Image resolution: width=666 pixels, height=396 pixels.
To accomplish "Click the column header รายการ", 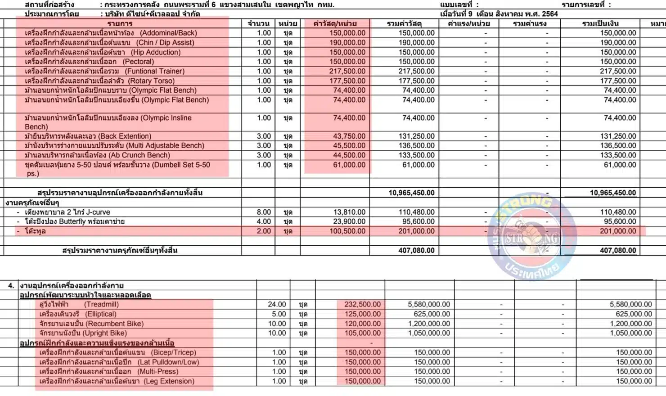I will click(120, 23).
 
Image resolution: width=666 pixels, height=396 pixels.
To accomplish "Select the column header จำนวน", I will click(258, 23).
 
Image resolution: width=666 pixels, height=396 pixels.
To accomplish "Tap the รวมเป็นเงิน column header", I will click(600, 23).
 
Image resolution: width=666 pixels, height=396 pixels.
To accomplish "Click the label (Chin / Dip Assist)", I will click(165, 43).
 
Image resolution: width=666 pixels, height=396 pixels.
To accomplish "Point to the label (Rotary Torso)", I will click(151, 81).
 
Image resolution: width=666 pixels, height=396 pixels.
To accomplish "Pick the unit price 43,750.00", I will click(349, 136).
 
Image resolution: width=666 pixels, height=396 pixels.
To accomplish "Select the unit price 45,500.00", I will click(349, 146).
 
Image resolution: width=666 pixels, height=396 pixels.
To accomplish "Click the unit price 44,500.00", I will click(349, 155).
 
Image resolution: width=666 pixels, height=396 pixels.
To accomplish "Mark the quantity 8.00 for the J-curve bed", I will click(264, 212).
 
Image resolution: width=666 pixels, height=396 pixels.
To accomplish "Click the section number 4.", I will click(11, 285).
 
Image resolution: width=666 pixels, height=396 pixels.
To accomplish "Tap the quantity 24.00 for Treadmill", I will click(277, 305).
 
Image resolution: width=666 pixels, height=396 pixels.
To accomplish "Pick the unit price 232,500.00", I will click(362, 305).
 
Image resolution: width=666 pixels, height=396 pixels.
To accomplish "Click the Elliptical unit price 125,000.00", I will click(362, 314).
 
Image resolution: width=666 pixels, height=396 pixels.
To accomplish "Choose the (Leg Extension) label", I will click(169, 381).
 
